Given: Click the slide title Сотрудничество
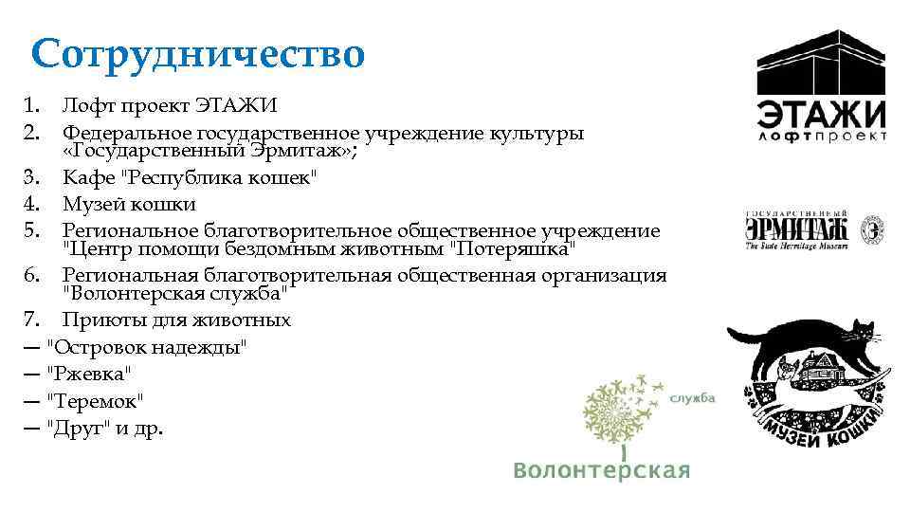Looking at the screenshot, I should coord(196,54).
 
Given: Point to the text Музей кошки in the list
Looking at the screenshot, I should coord(129,203).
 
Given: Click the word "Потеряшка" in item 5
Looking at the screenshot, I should coord(511,250).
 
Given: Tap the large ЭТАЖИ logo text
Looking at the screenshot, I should coord(821,113).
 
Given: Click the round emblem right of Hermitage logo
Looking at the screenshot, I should coord(872,229).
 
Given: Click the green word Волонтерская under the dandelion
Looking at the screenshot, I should coord(601,470).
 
